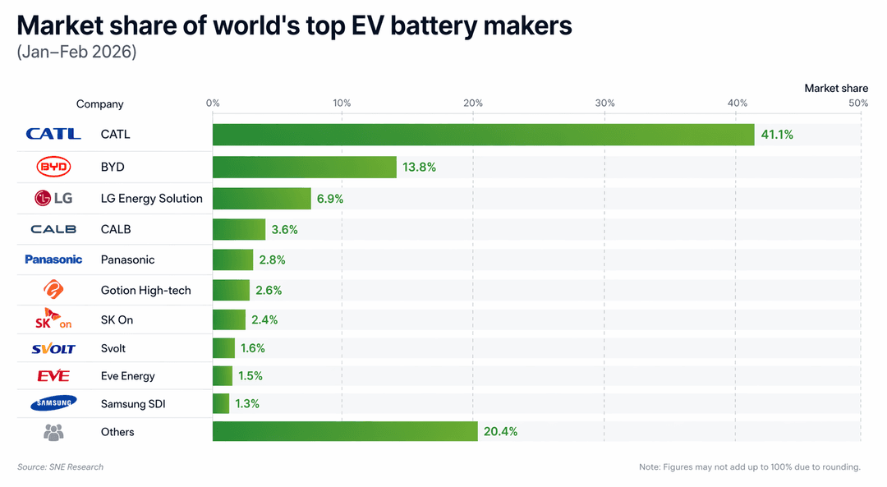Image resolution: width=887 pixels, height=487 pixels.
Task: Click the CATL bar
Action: coord(483,135)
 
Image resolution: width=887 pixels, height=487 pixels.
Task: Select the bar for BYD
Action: coord(304,167)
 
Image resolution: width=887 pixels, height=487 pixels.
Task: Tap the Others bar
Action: coord(345,431)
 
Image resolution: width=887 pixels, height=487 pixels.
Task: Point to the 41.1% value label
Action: coord(777,135)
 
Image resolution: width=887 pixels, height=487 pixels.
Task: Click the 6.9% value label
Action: coord(330,199)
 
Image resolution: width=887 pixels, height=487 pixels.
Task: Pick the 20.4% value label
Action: coord(500,432)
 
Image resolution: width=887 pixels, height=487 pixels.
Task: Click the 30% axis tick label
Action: coord(604,103)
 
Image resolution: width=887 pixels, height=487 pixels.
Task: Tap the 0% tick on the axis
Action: coord(213,103)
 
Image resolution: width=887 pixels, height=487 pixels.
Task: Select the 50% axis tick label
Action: coord(858,103)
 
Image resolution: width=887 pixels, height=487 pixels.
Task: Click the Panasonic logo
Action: coord(53,260)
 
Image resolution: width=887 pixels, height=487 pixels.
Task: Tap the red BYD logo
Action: coord(54,167)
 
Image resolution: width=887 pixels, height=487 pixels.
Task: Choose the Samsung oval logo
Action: coord(53,403)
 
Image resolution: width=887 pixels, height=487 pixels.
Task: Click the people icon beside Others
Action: coord(53,431)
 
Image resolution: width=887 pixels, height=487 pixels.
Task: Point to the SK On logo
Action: coord(53,319)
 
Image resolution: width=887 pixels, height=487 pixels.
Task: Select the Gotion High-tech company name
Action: coord(145,290)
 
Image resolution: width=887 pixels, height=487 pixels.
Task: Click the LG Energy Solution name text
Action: coord(151,199)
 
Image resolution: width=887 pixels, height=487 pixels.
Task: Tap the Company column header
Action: coord(100,104)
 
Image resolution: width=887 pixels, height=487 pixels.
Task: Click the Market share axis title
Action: coord(835,88)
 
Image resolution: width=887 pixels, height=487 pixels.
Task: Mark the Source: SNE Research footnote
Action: coord(61,467)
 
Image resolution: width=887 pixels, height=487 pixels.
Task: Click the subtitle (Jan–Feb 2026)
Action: coord(76,53)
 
